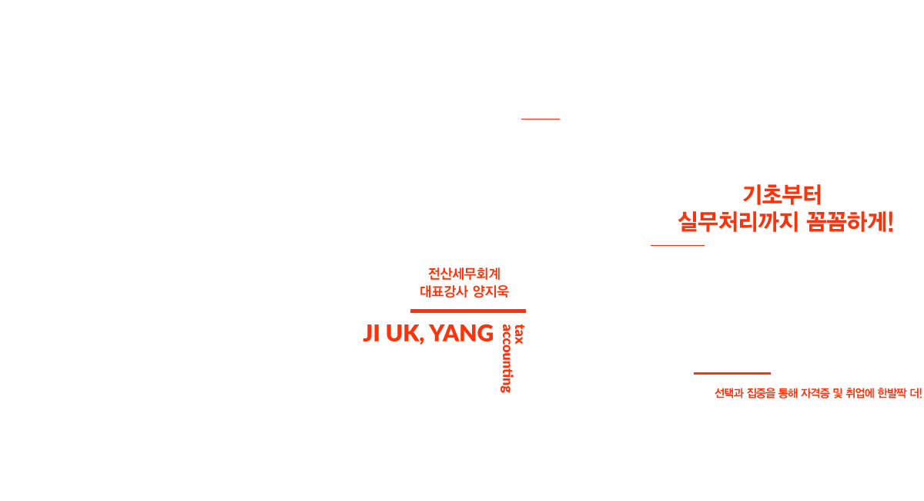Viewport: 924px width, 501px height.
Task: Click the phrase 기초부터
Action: [x=782, y=196]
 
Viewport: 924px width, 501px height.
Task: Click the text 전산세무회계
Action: [x=464, y=274]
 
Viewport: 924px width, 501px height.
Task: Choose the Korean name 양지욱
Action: [x=490, y=291]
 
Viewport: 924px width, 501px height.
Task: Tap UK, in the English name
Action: [x=404, y=334]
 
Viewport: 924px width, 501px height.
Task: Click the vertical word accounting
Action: [x=507, y=358]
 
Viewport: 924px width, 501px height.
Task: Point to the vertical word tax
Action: [x=520, y=334]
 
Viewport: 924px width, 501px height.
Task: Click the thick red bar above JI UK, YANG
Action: [x=467, y=311]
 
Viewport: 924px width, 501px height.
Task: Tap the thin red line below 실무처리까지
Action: [x=677, y=245]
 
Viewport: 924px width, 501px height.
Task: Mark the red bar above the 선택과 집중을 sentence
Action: [x=731, y=373]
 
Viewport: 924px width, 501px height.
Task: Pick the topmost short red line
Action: [x=540, y=119]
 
